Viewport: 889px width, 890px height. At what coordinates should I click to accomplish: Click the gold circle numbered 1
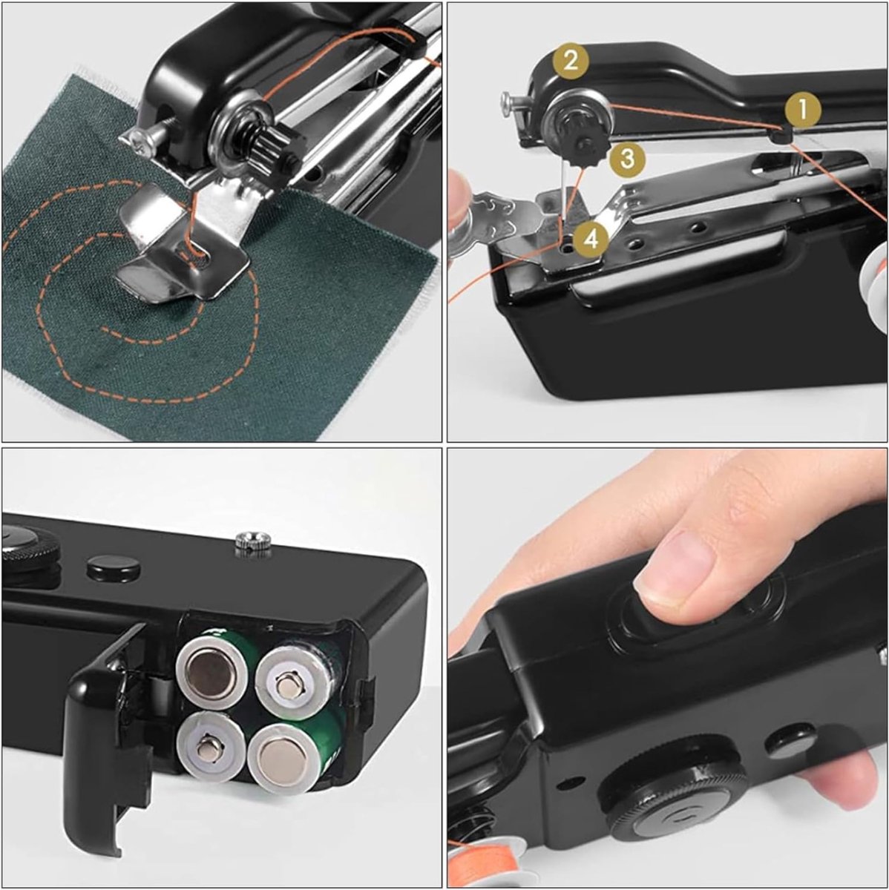803,110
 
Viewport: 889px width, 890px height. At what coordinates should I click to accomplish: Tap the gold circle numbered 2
571,61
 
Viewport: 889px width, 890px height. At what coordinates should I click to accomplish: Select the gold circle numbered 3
627,159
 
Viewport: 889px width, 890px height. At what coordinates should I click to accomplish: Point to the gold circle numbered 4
591,240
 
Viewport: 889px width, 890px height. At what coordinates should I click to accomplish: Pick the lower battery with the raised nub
210,748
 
